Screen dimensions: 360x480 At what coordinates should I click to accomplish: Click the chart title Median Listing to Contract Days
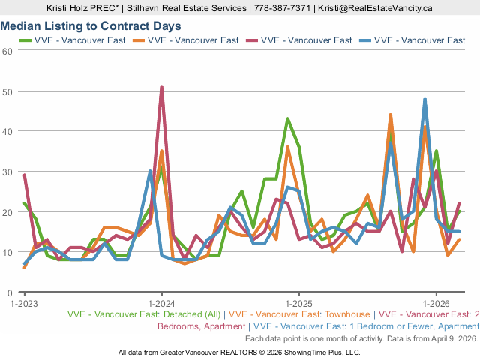coord(91,25)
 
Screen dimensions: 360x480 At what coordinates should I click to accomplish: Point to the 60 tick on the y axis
coord(7,51)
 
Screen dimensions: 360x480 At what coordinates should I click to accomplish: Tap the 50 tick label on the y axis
coord(7,91)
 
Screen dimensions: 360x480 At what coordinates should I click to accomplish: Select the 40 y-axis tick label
coord(7,132)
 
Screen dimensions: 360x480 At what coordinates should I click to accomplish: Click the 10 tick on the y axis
coord(7,253)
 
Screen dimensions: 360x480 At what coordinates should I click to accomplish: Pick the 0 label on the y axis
coord(10,292)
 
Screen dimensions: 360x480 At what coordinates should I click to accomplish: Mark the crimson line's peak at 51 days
coord(161,87)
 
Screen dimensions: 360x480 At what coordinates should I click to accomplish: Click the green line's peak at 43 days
coord(287,119)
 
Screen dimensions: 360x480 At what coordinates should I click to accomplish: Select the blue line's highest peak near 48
coord(424,99)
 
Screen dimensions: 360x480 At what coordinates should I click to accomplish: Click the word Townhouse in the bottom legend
coord(348,315)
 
